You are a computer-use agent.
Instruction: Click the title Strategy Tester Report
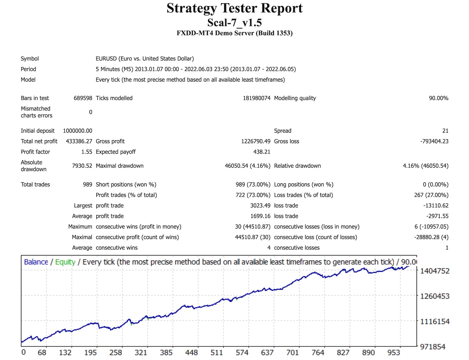pyautogui.click(x=234, y=8)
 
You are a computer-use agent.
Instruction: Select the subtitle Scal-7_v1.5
pyautogui.click(x=234, y=23)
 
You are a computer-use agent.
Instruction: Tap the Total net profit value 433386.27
pyautogui.click(x=79, y=141)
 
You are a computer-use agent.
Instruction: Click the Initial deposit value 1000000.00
pyautogui.click(x=78, y=131)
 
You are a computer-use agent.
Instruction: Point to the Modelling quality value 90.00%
pyautogui.click(x=438, y=98)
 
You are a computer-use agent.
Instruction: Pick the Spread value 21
pyautogui.click(x=445, y=131)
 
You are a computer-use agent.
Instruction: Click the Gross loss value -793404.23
pyautogui.click(x=434, y=141)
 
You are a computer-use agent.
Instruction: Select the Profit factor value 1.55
pyautogui.click(x=87, y=152)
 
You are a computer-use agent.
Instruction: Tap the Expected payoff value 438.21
pyautogui.click(x=262, y=152)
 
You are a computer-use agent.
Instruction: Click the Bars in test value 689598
pyautogui.click(x=83, y=98)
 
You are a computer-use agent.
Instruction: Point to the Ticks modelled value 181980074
pyautogui.click(x=256, y=98)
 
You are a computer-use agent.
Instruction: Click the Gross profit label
pyautogui.click(x=110, y=141)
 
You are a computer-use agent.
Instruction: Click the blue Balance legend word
pyautogui.click(x=36, y=262)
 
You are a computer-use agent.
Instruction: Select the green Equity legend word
pyautogui.click(x=65, y=262)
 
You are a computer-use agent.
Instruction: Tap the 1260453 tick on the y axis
pyautogui.click(x=435, y=296)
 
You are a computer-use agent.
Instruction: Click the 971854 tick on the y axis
pyautogui.click(x=433, y=347)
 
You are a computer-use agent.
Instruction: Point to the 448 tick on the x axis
pyautogui.click(x=191, y=353)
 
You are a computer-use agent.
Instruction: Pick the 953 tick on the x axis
pyautogui.click(x=394, y=353)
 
